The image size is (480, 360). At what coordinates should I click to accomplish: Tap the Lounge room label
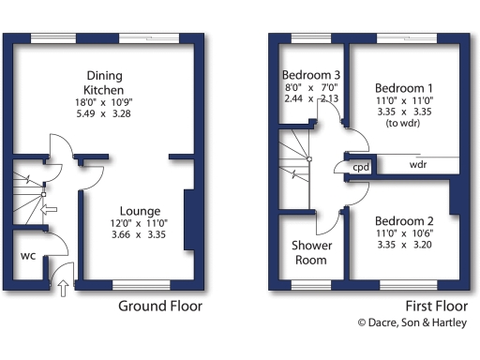[140, 211]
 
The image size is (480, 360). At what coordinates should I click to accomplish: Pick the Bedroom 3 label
[309, 75]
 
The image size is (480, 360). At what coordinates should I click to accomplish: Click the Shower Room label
[310, 254]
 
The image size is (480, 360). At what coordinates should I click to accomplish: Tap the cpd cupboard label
[360, 167]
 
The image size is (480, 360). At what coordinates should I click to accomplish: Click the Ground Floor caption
[159, 306]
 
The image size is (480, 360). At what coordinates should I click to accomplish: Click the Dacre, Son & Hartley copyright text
[411, 322]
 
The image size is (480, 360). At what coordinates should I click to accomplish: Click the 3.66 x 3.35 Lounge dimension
[140, 237]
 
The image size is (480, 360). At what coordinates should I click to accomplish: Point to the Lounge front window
[142, 284]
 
